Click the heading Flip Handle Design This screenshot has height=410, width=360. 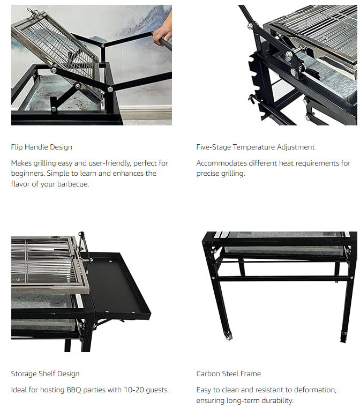pyautogui.click(x=42, y=147)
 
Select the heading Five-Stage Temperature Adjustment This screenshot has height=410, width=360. pyautogui.click(x=256, y=147)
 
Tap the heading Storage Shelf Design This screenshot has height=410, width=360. pyautogui.click(x=45, y=374)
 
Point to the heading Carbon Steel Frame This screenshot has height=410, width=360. pyautogui.click(x=229, y=374)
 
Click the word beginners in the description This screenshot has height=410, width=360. pyautogui.click(x=27, y=173)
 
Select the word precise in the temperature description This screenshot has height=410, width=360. pyautogui.click(x=207, y=174)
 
